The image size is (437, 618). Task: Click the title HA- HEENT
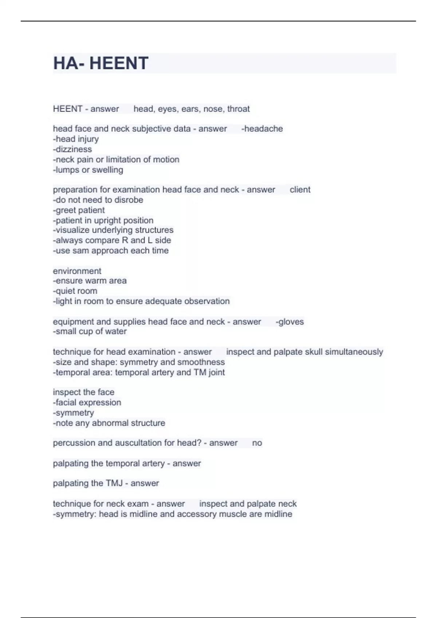pyautogui.click(x=101, y=63)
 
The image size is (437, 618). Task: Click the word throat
pyautogui.click(x=239, y=109)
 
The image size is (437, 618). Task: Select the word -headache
pyautogui.click(x=262, y=129)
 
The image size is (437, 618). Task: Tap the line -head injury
pyautogui.click(x=76, y=139)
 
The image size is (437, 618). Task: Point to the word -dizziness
pyautogui.click(x=72, y=149)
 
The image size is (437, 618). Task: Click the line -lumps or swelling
pyautogui.click(x=88, y=170)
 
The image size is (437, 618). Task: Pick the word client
pyautogui.click(x=300, y=189)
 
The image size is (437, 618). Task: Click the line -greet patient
pyautogui.click(x=79, y=210)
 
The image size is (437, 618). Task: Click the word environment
pyautogui.click(x=77, y=271)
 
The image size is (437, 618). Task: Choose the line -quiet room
pyautogui.click(x=75, y=291)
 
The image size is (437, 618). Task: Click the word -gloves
pyautogui.click(x=290, y=322)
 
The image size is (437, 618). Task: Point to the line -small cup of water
pyautogui.click(x=90, y=331)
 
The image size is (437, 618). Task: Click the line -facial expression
pyautogui.click(x=87, y=402)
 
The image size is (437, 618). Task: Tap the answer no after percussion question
pyautogui.click(x=257, y=443)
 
